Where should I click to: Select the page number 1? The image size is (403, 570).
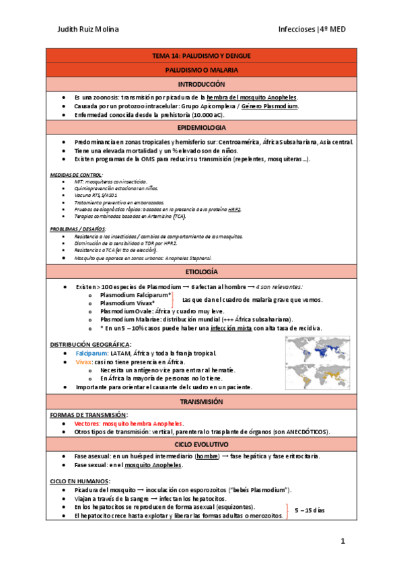pyautogui.click(x=342, y=540)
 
